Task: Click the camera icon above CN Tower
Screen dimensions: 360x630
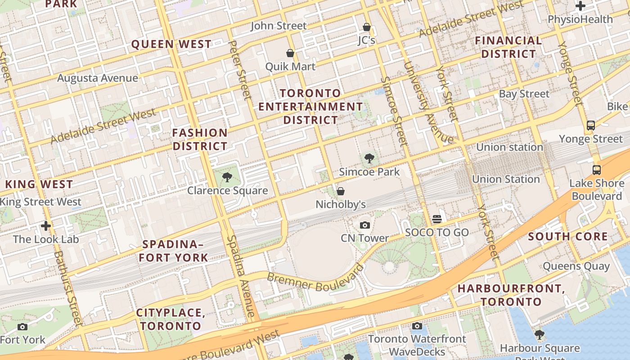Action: click(365, 225)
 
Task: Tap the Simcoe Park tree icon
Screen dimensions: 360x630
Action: click(369, 158)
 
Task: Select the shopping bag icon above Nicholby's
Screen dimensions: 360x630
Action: click(341, 191)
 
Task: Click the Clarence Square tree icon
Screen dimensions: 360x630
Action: click(227, 177)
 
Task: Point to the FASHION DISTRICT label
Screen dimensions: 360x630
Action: click(200, 139)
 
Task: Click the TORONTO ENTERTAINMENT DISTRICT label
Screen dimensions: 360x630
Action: click(310, 107)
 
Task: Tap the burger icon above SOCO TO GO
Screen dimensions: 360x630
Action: click(436, 219)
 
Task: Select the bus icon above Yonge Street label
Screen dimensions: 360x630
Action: click(591, 126)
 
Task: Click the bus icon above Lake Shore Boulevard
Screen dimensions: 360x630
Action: click(597, 170)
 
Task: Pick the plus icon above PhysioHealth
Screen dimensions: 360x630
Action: click(580, 6)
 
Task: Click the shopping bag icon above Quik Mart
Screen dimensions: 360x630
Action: click(290, 53)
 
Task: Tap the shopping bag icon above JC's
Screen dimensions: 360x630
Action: click(366, 27)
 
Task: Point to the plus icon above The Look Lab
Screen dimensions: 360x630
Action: click(45, 225)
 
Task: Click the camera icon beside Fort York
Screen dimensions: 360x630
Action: click(22, 327)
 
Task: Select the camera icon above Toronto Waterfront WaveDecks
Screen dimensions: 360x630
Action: click(417, 326)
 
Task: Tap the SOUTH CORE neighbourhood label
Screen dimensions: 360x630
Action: click(568, 237)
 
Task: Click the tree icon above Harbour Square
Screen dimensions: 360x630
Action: click(540, 335)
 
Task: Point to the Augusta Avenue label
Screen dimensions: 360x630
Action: click(98, 78)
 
